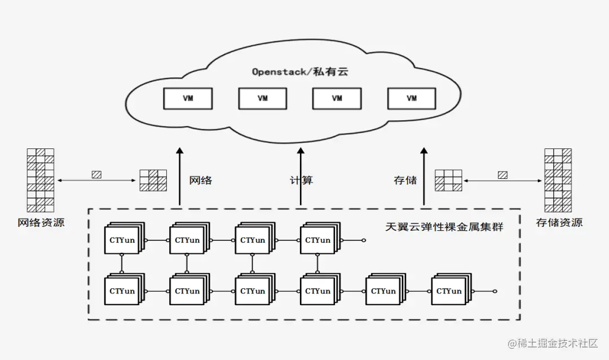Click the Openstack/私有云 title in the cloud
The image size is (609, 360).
click(x=300, y=72)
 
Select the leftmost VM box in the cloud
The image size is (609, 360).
click(x=188, y=98)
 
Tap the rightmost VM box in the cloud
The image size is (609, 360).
click(x=412, y=98)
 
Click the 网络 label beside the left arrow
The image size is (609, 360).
click(x=201, y=181)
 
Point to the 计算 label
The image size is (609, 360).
click(x=301, y=181)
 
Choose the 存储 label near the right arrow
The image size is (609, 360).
click(x=405, y=181)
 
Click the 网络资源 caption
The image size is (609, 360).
click(x=41, y=222)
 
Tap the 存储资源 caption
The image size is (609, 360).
click(x=559, y=222)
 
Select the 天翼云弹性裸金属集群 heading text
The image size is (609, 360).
click(x=444, y=227)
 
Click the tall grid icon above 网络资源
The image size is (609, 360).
click(x=41, y=180)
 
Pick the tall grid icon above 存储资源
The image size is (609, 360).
click(x=558, y=180)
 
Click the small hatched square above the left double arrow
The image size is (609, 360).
click(x=96, y=175)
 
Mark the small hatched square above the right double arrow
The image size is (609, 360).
click(x=502, y=175)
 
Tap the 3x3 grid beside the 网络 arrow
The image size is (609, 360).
click(x=153, y=181)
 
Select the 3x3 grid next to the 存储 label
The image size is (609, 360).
click(x=448, y=181)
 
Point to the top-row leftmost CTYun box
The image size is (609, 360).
click(x=122, y=240)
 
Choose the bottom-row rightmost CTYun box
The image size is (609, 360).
click(x=449, y=291)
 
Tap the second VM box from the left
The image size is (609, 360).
click(x=263, y=98)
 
